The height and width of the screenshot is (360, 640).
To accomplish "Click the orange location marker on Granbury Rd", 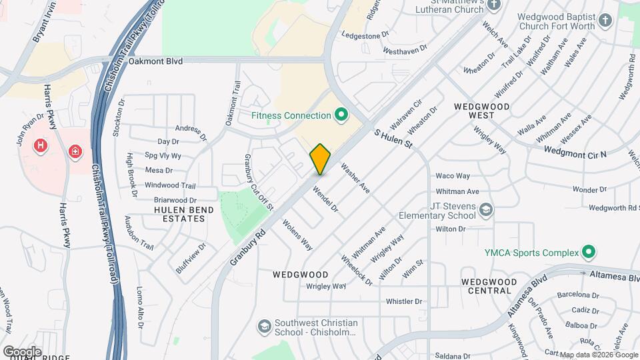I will [x=321, y=159].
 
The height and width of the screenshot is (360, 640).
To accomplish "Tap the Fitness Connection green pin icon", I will [x=342, y=116].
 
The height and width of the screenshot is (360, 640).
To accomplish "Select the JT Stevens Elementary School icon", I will [x=487, y=211].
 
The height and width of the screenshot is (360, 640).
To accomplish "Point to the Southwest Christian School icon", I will [x=265, y=327].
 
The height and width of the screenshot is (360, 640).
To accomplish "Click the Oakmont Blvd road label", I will [x=155, y=61].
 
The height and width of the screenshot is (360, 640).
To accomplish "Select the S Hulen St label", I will [x=393, y=139].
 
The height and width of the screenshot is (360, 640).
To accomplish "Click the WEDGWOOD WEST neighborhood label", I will [x=481, y=111].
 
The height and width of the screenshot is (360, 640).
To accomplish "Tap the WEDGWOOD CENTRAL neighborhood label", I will [x=486, y=286].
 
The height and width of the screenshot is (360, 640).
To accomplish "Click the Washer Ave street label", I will [x=355, y=178].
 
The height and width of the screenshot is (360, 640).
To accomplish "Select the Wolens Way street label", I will [x=297, y=235].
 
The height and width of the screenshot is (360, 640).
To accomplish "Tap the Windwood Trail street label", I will [x=170, y=185].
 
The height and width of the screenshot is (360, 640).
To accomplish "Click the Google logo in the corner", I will [x=22, y=351].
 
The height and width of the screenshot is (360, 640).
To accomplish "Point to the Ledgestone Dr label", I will [x=365, y=35].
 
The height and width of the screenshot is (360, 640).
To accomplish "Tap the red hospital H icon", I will [x=42, y=145].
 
